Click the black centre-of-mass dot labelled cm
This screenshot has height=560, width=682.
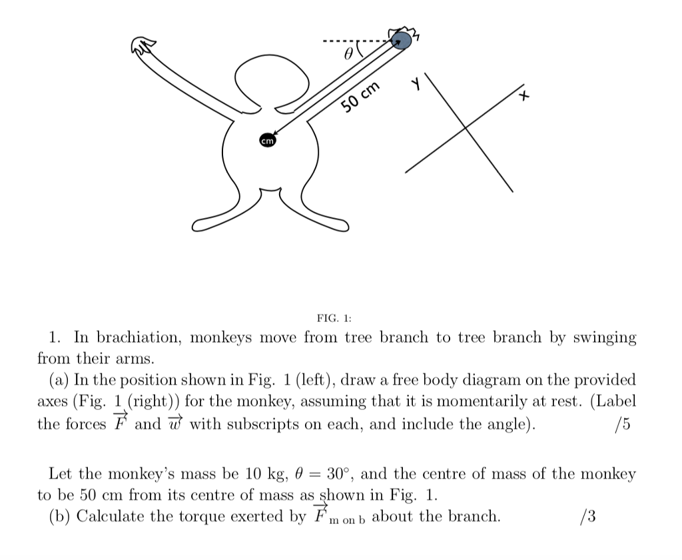click(267, 141)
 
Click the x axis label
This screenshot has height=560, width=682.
click(525, 97)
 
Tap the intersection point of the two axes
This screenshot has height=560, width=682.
click(474, 129)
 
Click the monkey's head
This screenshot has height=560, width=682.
click(272, 78)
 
